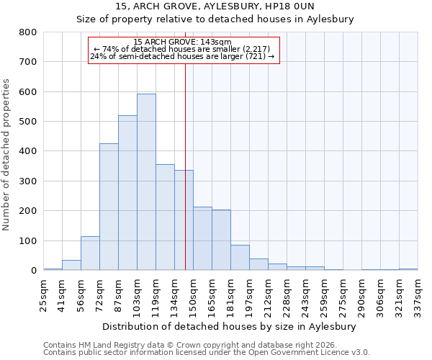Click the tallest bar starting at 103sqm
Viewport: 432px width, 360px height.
[x=146, y=182]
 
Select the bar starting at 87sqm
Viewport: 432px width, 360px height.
[x=127, y=193]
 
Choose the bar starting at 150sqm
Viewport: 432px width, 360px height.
[x=202, y=238]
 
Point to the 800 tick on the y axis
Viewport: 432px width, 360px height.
[x=28, y=32]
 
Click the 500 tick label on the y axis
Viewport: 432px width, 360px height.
[x=28, y=122]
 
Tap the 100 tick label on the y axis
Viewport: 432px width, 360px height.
[x=28, y=240]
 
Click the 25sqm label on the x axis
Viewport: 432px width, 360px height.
[x=43, y=295]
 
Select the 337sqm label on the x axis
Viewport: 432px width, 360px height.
[x=418, y=295]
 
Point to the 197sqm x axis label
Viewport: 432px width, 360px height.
[x=249, y=295]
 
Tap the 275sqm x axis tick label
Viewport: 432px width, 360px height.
[x=343, y=295]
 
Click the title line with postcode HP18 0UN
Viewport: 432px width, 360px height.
[x=215, y=6]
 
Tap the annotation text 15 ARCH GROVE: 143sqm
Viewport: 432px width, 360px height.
[x=183, y=42]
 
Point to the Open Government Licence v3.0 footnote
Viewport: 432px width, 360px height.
[x=207, y=353]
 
